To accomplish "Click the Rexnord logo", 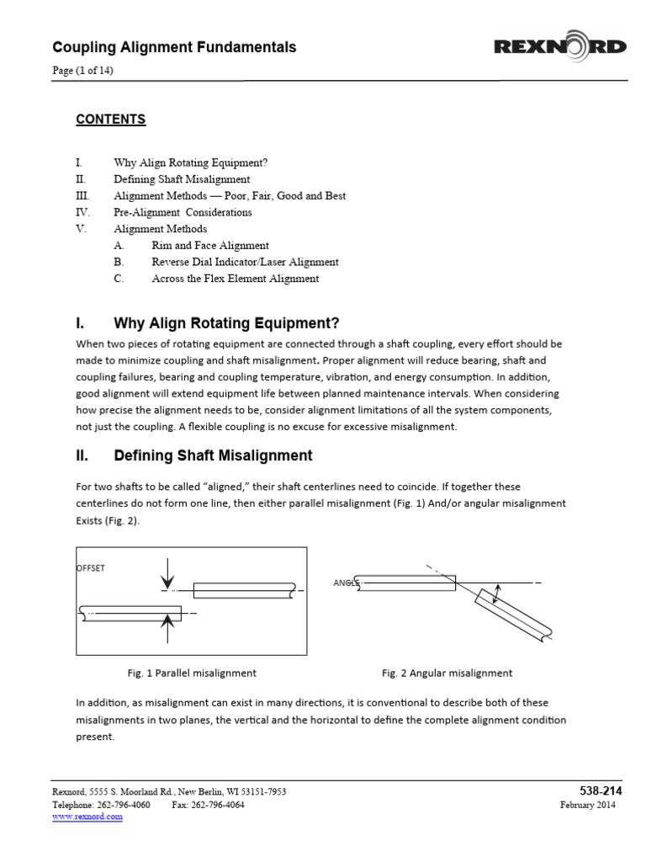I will click(x=559, y=47).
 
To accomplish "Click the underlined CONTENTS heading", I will click(x=110, y=120).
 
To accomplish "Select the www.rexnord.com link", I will click(x=87, y=817).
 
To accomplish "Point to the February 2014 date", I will click(x=588, y=805).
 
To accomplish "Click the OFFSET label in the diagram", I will click(x=91, y=568).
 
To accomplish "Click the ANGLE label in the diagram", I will click(x=346, y=583).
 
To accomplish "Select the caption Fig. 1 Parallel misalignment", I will click(x=192, y=673).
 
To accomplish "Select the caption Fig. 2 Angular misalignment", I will click(x=447, y=673).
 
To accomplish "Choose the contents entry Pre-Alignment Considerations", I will click(x=183, y=212).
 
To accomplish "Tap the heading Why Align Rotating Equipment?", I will click(x=225, y=323).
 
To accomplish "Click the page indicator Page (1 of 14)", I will click(x=82, y=71).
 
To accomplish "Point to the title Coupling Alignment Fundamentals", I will click(x=174, y=47).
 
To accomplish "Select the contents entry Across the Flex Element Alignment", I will click(x=235, y=279).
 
